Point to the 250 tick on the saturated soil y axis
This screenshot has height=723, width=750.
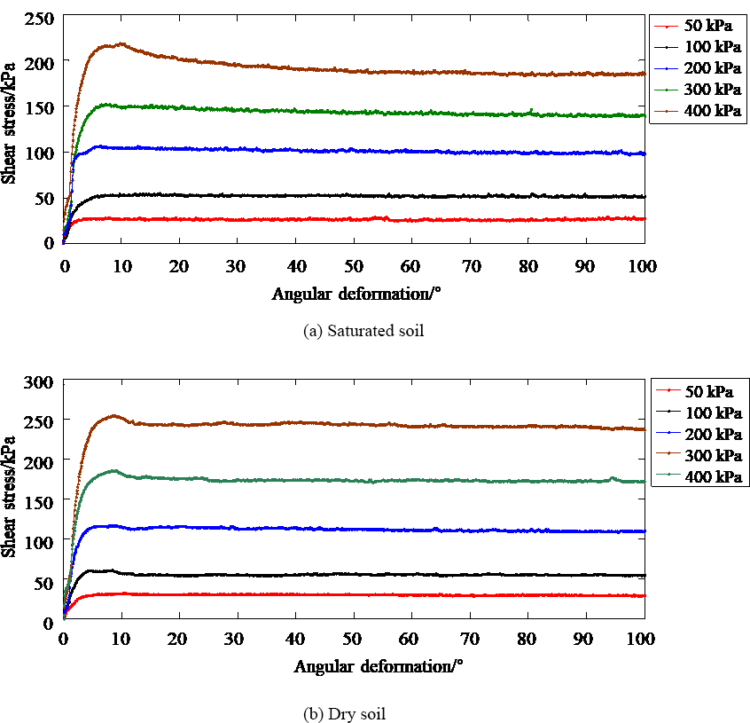click(41, 18)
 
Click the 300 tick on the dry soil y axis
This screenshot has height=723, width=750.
click(41, 381)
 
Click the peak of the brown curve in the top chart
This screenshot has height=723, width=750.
click(121, 43)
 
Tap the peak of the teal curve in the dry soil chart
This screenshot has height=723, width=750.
click(114, 470)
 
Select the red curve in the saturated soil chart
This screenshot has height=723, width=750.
click(355, 219)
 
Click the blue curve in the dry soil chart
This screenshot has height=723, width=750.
click(355, 530)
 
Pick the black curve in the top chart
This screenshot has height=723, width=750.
click(355, 196)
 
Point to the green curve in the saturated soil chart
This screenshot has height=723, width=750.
click(355, 112)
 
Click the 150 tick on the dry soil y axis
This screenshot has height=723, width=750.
click(41, 501)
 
